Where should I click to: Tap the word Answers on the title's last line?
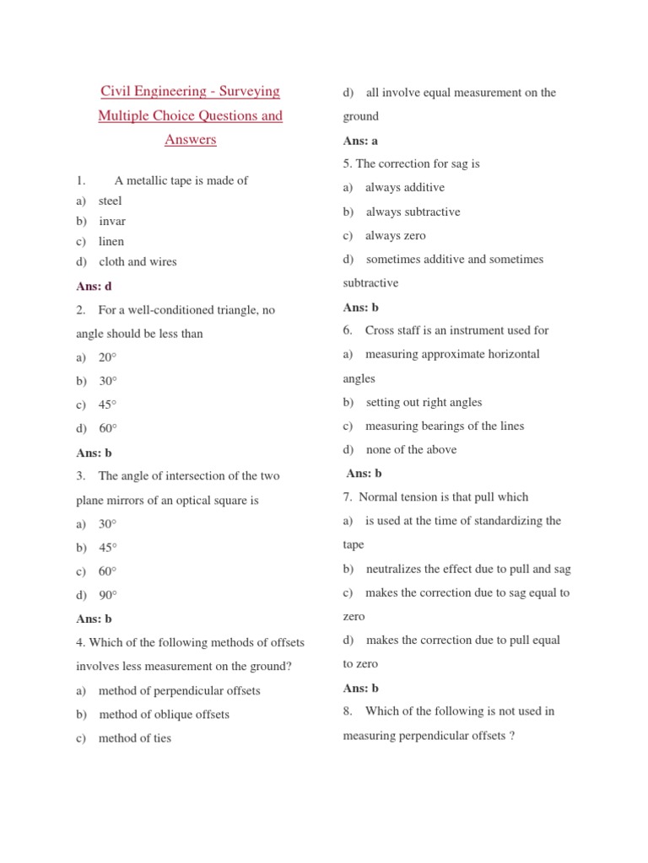(191, 139)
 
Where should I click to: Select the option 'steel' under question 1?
(110, 201)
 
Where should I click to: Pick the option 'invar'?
(112, 221)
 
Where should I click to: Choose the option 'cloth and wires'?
(138, 261)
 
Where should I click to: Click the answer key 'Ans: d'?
(94, 287)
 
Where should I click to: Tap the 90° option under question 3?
(108, 594)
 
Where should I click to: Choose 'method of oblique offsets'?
(164, 714)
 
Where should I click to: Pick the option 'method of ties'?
(135, 737)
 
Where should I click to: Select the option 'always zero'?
(396, 235)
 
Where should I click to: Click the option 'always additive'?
(405, 187)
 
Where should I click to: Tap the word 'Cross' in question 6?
(381, 330)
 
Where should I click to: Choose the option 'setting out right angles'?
(424, 402)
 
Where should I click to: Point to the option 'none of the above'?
(411, 449)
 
